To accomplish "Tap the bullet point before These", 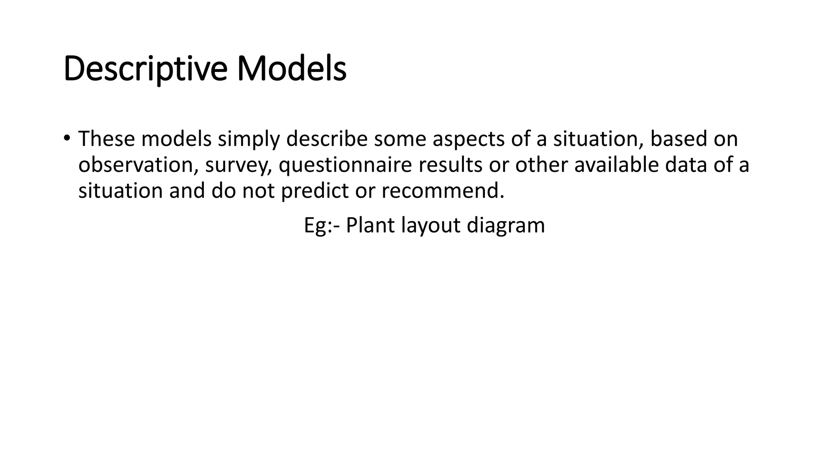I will tap(67, 138).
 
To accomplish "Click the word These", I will tap(106, 139).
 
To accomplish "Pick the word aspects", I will tap(468, 139).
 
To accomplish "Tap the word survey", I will tap(238, 166).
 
